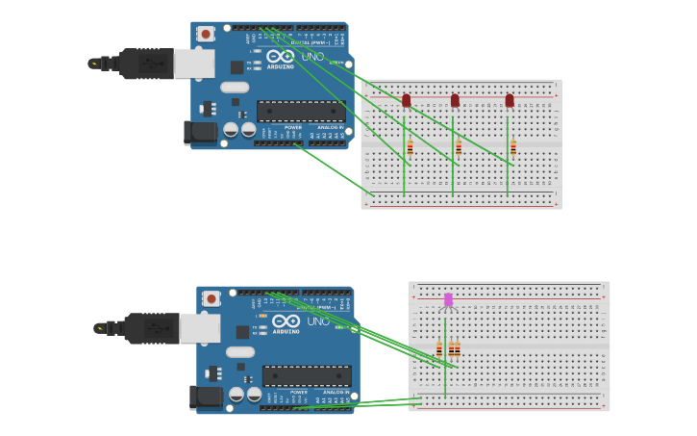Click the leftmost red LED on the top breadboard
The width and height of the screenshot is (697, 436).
click(406, 100)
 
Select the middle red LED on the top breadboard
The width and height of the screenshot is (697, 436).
click(455, 100)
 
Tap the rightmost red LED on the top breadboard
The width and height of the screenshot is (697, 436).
click(510, 100)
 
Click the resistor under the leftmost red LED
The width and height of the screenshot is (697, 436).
click(410, 147)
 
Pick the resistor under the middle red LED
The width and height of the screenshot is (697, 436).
click(459, 147)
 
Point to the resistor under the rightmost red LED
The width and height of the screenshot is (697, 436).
click(513, 147)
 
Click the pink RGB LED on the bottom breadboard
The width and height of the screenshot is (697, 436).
click(448, 299)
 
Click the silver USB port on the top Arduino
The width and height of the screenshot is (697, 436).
click(194, 64)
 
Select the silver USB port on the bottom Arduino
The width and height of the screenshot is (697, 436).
click(200, 328)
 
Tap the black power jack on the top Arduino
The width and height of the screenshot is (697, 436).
click(201, 133)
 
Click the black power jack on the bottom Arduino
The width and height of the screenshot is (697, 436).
click(207, 397)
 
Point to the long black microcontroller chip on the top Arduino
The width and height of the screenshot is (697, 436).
click(301, 111)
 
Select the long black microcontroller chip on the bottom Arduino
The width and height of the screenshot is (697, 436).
click(307, 375)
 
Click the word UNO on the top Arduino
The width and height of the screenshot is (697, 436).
click(312, 57)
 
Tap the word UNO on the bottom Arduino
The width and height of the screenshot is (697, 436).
click(318, 321)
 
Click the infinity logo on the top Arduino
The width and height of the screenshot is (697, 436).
click(281, 55)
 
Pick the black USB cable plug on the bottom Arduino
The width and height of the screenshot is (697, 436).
click(152, 328)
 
